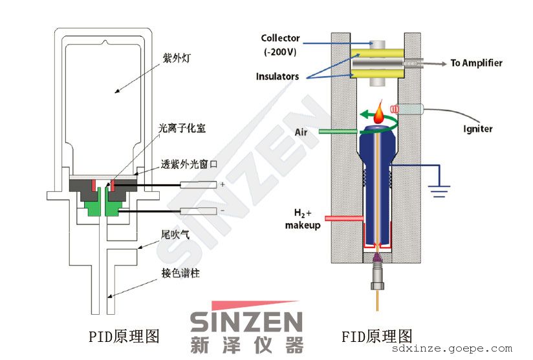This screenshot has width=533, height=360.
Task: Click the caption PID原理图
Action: pyautogui.click(x=124, y=337)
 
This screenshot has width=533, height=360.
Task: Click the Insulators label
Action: pyautogui.click(x=277, y=76)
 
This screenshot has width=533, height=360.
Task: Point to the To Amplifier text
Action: pyautogui.click(x=477, y=63)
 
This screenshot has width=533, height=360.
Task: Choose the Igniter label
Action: pyautogui.click(x=477, y=129)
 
